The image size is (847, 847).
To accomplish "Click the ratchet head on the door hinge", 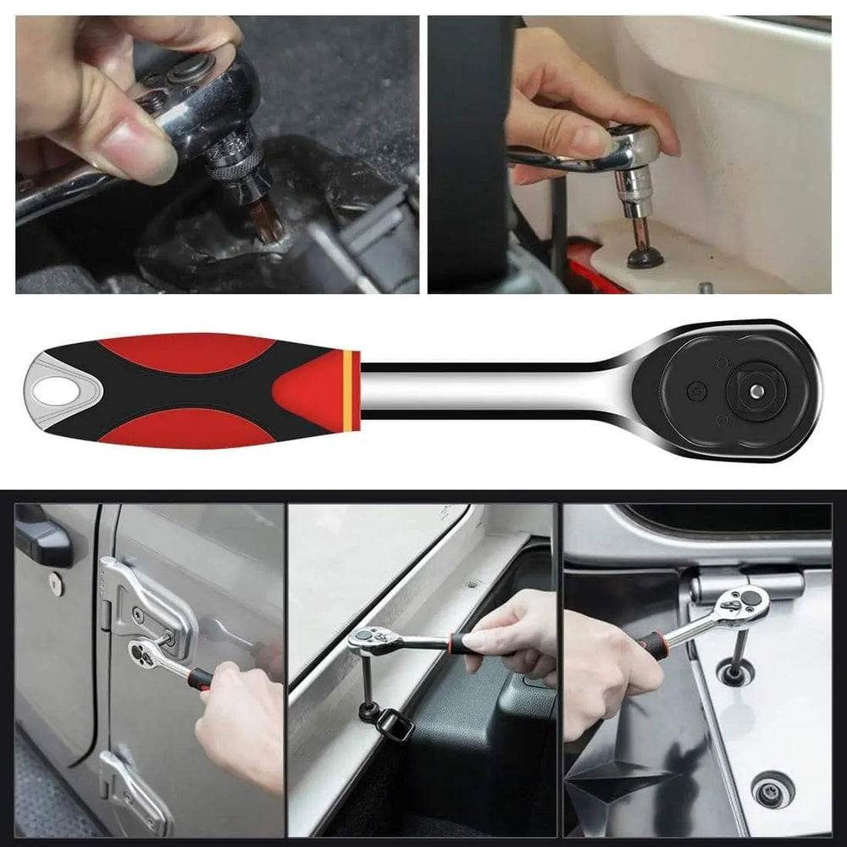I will [144, 650].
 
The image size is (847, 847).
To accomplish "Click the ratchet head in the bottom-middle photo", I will [373, 639].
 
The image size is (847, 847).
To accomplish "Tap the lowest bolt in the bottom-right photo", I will [773, 788].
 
